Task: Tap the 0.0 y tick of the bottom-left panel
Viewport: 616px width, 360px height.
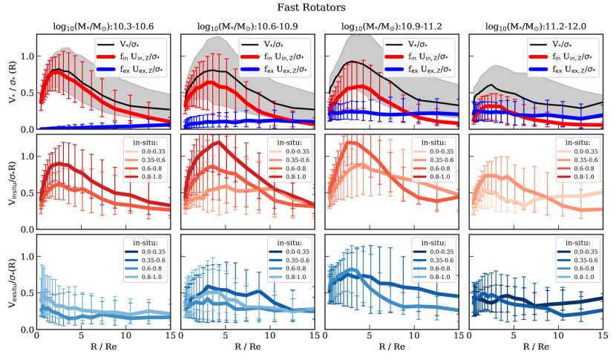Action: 27,330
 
